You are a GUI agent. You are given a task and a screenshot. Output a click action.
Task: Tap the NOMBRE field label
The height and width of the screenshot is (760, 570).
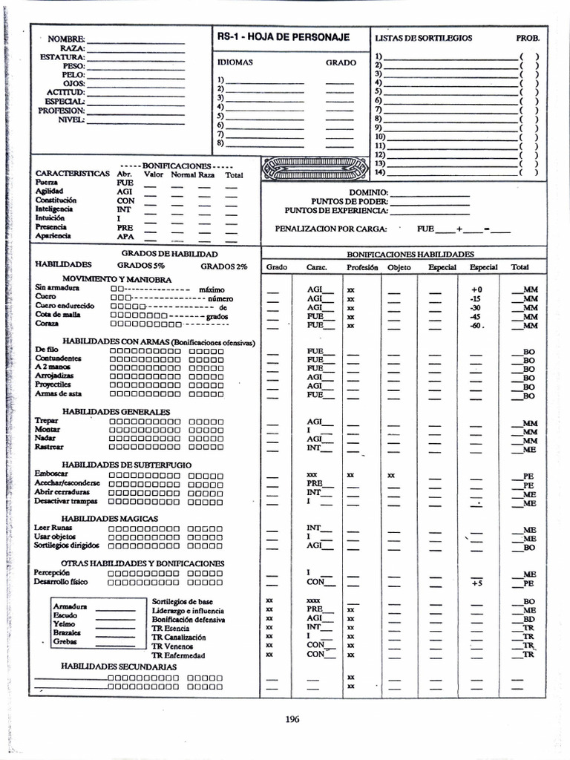tap(66, 39)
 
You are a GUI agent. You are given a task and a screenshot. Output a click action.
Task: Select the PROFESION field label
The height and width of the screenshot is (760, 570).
tap(62, 111)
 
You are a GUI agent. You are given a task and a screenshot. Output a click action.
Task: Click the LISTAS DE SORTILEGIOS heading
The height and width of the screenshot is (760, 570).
tap(423, 38)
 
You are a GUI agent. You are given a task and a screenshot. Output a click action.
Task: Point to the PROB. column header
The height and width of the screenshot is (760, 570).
tap(528, 38)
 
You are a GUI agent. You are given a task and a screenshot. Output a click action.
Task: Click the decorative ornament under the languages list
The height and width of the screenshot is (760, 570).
tap(315, 168)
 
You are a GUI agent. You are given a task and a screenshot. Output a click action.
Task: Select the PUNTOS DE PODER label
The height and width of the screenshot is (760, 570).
tap(349, 201)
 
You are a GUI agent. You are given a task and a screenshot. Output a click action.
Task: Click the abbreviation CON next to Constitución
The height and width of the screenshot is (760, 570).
tap(125, 200)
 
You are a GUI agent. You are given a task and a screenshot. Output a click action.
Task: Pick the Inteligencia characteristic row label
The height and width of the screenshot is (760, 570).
tap(55, 209)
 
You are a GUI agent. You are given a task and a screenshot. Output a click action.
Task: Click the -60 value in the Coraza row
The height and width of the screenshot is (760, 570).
tap(476, 325)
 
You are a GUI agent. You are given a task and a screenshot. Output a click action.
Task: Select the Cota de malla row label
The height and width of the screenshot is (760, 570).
tap(58, 315)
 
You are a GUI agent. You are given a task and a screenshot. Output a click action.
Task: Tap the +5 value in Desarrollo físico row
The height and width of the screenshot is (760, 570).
tap(476, 583)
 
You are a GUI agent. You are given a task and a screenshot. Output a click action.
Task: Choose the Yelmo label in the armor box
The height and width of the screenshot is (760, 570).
tap(65, 624)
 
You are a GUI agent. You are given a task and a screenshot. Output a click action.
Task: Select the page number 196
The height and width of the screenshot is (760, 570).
tap(292, 718)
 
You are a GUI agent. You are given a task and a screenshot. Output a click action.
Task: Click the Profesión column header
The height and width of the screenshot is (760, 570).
tap(361, 267)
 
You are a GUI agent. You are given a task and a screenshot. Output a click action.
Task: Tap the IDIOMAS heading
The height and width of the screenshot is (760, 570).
tap(235, 63)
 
